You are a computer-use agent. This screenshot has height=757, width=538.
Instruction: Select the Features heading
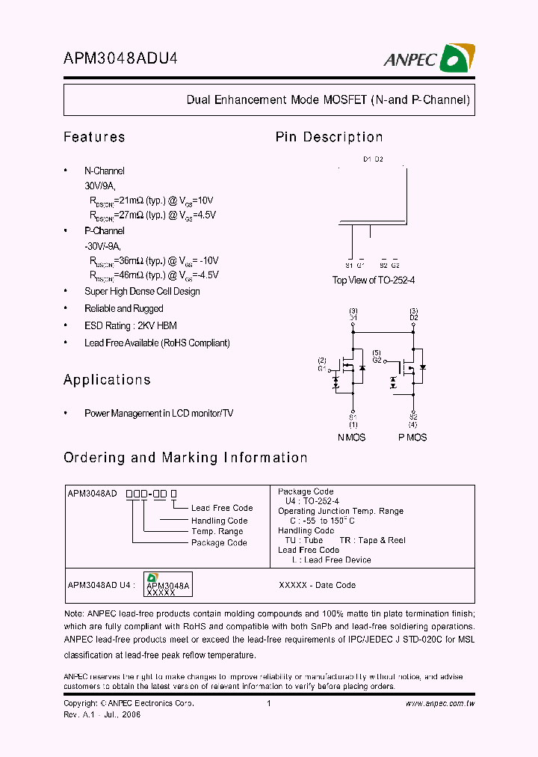pyautogui.click(x=94, y=137)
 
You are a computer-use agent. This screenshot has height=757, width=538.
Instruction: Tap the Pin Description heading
pyautogui.click(x=329, y=137)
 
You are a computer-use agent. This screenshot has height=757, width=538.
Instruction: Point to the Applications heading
pyautogui.click(x=107, y=380)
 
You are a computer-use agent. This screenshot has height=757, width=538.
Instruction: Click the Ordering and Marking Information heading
pyautogui.click(x=185, y=458)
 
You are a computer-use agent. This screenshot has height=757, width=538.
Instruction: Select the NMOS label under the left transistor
pyautogui.click(x=352, y=437)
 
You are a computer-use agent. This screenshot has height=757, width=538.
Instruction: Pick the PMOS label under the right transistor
pyautogui.click(x=412, y=437)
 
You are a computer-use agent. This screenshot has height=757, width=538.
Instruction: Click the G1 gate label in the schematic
pyautogui.click(x=321, y=369)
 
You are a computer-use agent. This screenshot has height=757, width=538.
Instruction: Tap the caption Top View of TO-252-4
pyautogui.click(x=374, y=280)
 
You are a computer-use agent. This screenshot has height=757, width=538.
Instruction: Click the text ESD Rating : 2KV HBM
pyautogui.click(x=131, y=326)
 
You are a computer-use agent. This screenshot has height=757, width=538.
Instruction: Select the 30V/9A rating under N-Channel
pyautogui.click(x=100, y=186)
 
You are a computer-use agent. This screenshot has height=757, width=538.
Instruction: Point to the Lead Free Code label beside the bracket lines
pyautogui.click(x=222, y=508)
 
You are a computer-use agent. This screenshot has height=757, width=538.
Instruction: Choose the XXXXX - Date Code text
pyautogui.click(x=317, y=585)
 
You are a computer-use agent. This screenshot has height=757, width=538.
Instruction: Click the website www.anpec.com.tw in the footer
pyautogui.click(x=440, y=704)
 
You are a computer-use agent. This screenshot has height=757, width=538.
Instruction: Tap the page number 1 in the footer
pyautogui.click(x=268, y=704)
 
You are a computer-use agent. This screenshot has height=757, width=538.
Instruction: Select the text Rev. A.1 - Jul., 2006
pyautogui.click(x=102, y=714)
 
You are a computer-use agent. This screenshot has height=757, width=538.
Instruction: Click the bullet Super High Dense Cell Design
pyautogui.click(x=142, y=292)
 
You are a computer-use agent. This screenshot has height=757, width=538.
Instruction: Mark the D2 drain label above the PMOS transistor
pyautogui.click(x=413, y=318)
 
